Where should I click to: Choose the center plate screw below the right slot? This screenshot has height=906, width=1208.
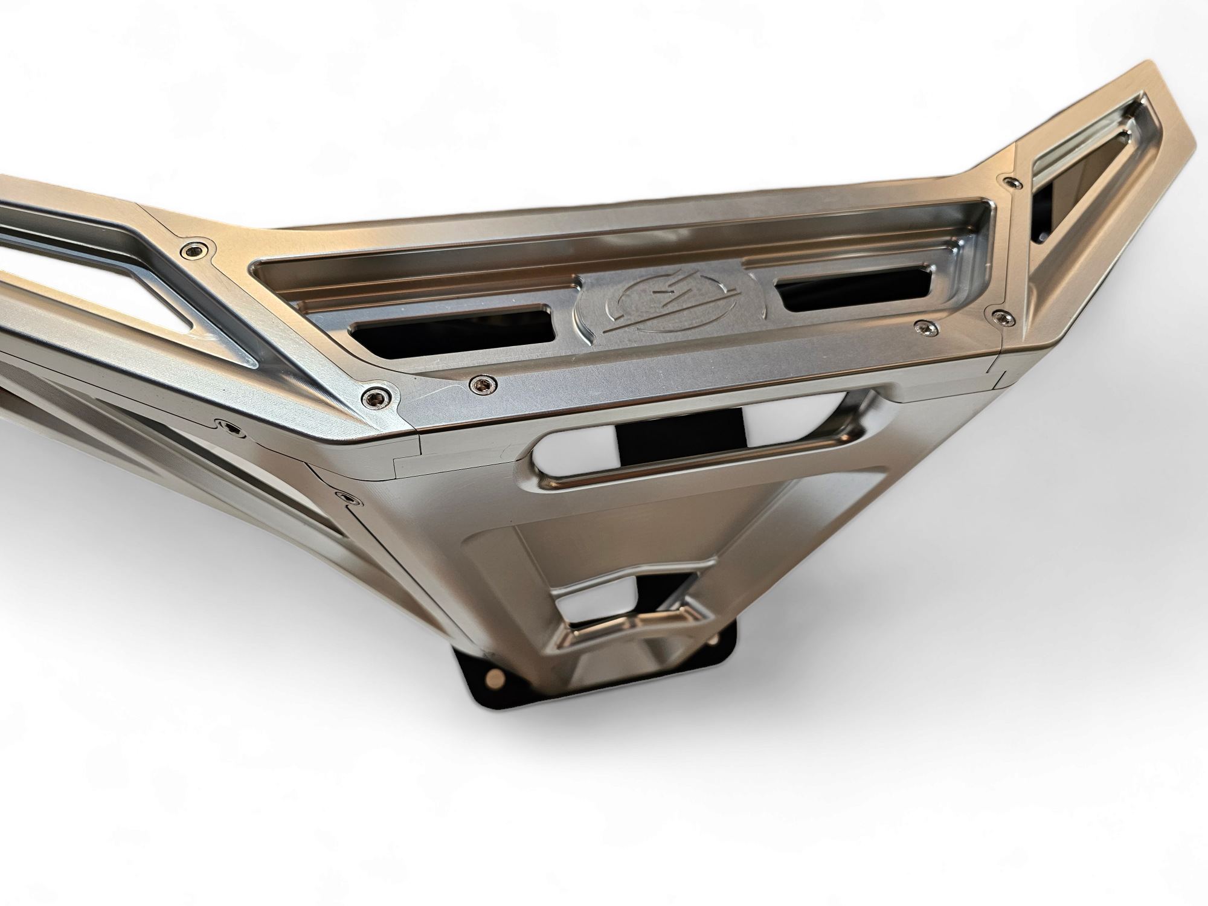pyautogui.click(x=922, y=327)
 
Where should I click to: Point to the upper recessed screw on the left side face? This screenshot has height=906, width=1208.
pyautogui.click(x=230, y=428)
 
